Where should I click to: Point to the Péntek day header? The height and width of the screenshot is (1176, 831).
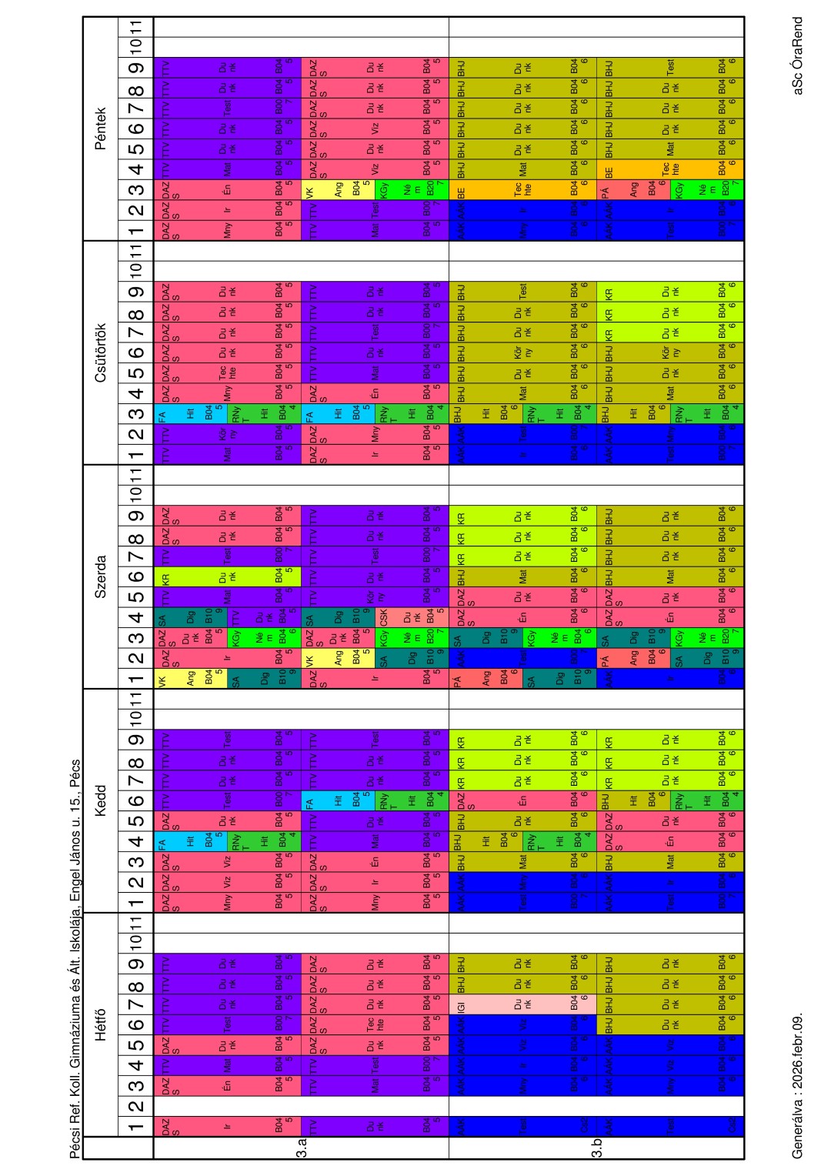click(x=100, y=128)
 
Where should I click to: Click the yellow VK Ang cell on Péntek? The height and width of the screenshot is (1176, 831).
click(x=338, y=189)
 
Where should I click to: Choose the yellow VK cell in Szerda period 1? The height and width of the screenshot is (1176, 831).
click(x=192, y=678)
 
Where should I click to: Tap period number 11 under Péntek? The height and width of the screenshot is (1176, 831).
click(x=135, y=27)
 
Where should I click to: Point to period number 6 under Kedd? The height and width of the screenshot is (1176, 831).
click(x=135, y=800)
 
